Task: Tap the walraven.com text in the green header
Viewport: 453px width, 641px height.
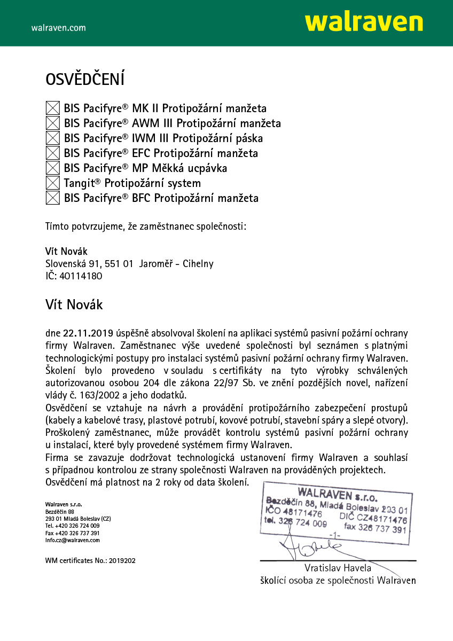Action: pyautogui.click(x=58, y=28)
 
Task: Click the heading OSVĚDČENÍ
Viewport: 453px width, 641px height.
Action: pyautogui.click(x=85, y=80)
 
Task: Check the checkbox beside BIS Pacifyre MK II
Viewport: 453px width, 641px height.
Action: pyautogui.click(x=52, y=108)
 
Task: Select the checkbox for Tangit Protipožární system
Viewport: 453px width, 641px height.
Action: pyautogui.click(x=52, y=183)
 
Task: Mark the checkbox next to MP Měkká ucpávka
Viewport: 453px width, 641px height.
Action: pyautogui.click(x=52, y=168)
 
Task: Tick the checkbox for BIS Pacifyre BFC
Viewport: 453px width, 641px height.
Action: pyautogui.click(x=52, y=198)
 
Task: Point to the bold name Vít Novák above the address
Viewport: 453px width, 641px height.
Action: pyautogui.click(x=66, y=251)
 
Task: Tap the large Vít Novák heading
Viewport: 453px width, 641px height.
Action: pyautogui.click(x=74, y=305)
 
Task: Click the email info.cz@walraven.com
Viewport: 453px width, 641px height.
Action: pyautogui.click(x=73, y=540)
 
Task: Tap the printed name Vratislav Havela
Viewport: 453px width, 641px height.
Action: pyautogui.click(x=338, y=567)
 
